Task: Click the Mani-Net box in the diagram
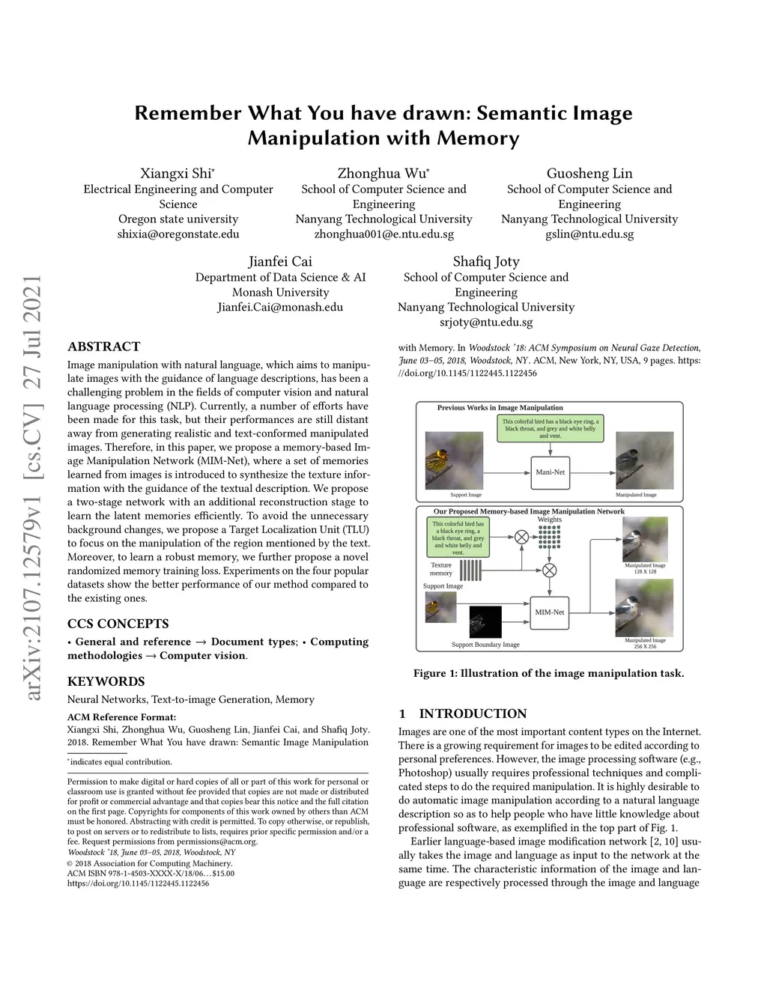550,472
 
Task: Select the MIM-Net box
549,612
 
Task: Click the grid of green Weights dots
549,537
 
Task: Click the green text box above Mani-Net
550,428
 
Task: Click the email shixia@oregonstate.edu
178,234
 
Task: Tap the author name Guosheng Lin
589,174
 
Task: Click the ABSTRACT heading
103,347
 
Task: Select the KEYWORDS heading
106,681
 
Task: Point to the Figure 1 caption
548,673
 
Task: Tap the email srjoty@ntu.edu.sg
486,323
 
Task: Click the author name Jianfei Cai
280,262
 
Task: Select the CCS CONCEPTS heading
118,624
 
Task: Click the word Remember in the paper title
187,114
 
